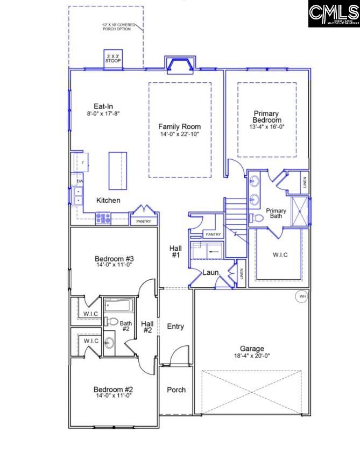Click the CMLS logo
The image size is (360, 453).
tap(334, 14)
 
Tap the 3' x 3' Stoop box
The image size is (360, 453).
tap(113, 59)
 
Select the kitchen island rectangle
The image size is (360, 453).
tap(118, 171)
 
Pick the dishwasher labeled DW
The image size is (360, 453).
tap(79, 181)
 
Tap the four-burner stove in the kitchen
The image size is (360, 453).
tap(103, 218)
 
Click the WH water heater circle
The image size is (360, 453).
tap(301, 296)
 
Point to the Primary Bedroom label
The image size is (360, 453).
tap(266, 117)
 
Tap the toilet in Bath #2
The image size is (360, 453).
tap(112, 322)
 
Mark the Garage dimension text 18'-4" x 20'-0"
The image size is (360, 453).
tap(252, 356)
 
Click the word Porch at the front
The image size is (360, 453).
tap(176, 390)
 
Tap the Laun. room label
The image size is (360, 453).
tap(210, 273)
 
